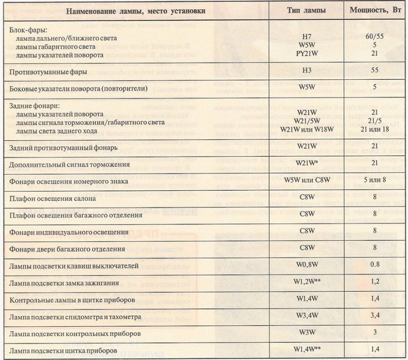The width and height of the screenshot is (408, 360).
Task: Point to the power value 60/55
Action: [375, 37]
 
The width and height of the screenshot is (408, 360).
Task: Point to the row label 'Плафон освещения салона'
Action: [52, 198]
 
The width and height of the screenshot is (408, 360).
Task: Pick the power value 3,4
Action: [375, 316]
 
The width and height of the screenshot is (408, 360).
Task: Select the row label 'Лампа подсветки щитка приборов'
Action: [63, 351]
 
